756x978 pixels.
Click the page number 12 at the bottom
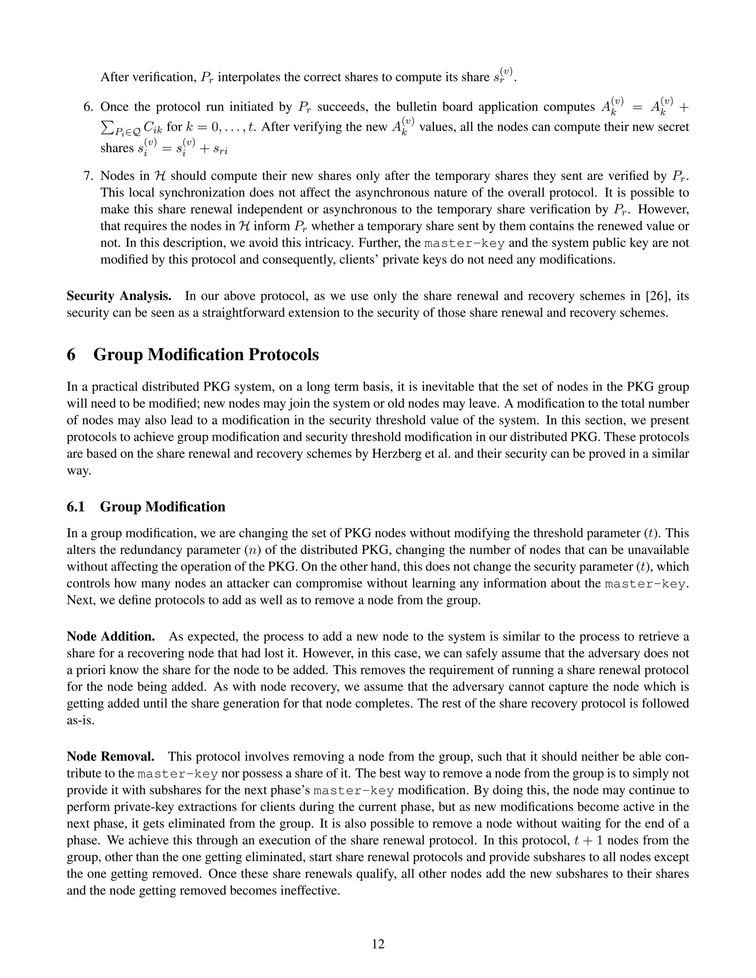pos(378,944)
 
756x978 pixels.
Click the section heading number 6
pos(71,355)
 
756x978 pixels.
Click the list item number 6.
pos(89,107)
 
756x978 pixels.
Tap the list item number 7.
pos(89,176)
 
